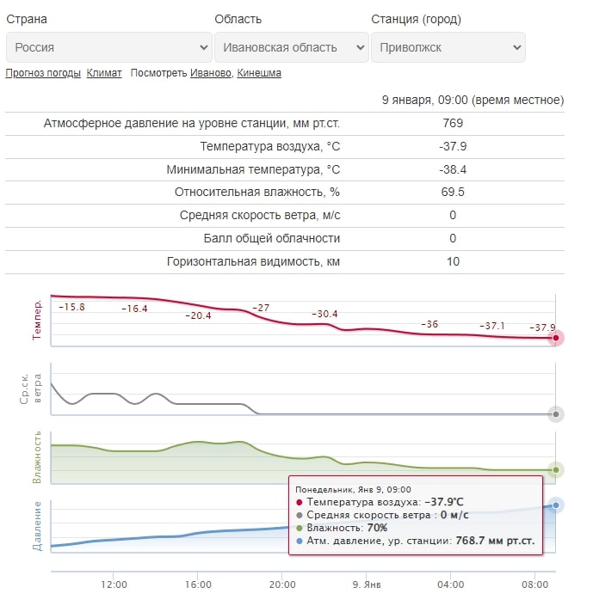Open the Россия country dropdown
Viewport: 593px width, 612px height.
tap(109, 47)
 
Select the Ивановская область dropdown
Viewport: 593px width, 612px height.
tap(292, 47)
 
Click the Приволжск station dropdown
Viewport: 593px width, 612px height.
tap(448, 47)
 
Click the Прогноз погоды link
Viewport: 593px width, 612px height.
tap(43, 73)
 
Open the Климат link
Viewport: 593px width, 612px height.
tap(104, 73)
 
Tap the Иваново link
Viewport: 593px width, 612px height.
tap(211, 73)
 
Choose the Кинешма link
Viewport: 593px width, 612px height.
tap(259, 73)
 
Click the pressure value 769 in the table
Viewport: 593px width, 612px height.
tap(453, 123)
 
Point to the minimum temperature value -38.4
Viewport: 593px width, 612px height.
tap(453, 169)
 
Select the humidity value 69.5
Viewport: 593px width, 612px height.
tap(453, 192)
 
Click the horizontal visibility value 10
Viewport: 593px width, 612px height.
tap(453, 261)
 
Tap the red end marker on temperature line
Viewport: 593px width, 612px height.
tap(555, 338)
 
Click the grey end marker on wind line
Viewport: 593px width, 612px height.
tap(555, 414)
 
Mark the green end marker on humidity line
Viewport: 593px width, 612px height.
tap(555, 470)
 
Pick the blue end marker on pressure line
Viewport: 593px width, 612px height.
tap(555, 505)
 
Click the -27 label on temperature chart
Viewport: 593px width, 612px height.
tap(261, 308)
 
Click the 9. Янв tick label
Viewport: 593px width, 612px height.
tap(367, 584)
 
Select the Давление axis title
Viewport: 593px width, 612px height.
tap(37, 526)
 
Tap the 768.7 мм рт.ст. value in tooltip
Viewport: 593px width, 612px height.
tap(495, 541)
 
